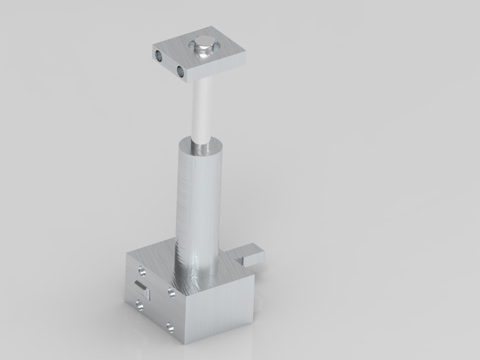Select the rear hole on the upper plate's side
pos(159,56)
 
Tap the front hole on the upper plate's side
pos(181,71)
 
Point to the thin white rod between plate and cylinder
pos(201,110)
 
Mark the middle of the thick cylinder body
pos(198,202)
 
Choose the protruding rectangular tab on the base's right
pos(253,256)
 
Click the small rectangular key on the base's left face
pos(142,289)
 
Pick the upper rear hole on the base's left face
pos(142,272)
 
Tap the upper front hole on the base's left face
pos(171,292)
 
